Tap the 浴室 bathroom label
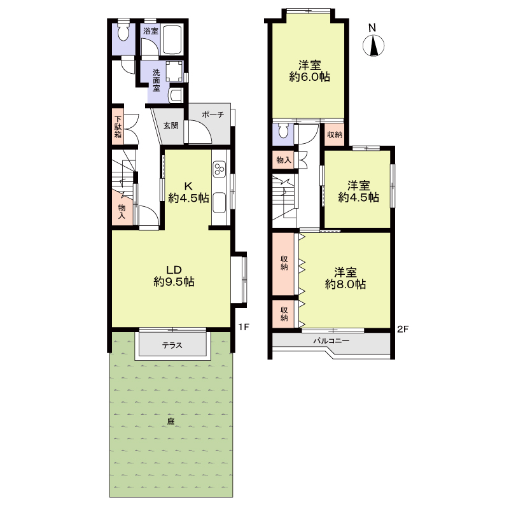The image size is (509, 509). click(x=151, y=31)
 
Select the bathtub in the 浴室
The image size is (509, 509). click(x=172, y=39)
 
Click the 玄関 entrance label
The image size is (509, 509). click(x=171, y=125)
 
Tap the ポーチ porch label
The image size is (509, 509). click(x=213, y=115)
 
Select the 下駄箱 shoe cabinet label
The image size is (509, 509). click(x=118, y=127)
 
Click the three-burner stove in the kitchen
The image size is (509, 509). click(x=220, y=169)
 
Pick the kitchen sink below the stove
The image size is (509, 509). click(x=220, y=202)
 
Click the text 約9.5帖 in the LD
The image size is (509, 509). click(x=174, y=282)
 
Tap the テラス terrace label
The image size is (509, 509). click(x=172, y=345)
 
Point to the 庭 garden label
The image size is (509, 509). click(x=171, y=421)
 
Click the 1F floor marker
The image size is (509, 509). click(x=244, y=327)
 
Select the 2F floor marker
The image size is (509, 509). click(x=403, y=329)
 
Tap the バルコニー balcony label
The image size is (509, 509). click(x=331, y=341)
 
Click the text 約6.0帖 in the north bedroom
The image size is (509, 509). click(x=310, y=77)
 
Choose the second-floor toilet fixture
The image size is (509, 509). click(x=283, y=130)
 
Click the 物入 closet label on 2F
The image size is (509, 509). click(x=284, y=160)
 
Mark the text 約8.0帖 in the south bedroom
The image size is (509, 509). click(x=345, y=284)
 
